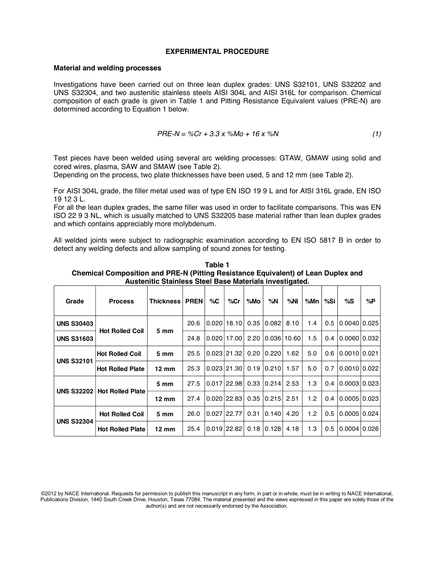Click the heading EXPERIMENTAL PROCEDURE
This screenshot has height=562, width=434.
click(x=217, y=52)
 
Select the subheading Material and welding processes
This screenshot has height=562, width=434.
click(x=107, y=68)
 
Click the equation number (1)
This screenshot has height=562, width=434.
click(x=376, y=134)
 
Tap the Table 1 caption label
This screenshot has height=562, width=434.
click(x=217, y=265)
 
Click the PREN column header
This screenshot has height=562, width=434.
click(x=194, y=301)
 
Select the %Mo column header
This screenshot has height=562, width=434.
click(x=254, y=301)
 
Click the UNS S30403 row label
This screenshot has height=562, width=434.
click(x=75, y=323)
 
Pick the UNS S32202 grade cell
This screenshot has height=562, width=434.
click(x=75, y=391)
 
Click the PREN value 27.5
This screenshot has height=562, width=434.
click(x=194, y=384)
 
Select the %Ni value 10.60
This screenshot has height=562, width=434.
click(x=292, y=339)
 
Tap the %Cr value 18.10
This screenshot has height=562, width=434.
click(x=234, y=323)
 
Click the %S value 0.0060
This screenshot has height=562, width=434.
click(x=349, y=339)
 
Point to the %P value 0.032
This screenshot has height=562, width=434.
click(x=370, y=339)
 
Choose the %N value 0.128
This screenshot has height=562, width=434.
click(x=273, y=429)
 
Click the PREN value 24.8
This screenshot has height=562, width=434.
click(x=194, y=339)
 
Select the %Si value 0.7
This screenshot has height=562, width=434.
click(x=329, y=369)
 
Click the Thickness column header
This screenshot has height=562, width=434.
click(x=165, y=301)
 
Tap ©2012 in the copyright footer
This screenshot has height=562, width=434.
click(x=48, y=493)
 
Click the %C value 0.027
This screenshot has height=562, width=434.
click(x=214, y=414)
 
